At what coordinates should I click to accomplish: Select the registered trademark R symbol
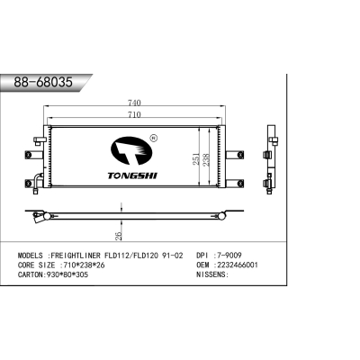pyautogui.click(x=152, y=138)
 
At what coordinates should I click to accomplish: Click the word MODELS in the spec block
pyautogui.click(x=32, y=256)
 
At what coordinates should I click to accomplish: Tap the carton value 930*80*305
pyautogui.click(x=75, y=276)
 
